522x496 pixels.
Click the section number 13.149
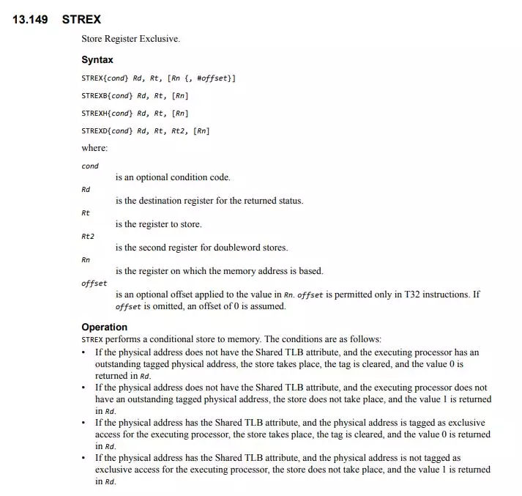30,19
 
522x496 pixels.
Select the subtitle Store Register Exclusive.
130,39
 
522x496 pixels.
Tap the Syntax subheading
97,60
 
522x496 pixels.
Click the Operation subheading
104,327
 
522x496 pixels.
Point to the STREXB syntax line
135,95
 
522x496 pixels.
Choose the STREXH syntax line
135,113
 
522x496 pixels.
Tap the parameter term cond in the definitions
90,166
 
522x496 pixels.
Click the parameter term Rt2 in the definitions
88,236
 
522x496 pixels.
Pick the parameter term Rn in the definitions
86,259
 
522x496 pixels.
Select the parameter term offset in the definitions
94,283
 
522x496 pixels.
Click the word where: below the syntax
94,148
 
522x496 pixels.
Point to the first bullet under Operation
85,352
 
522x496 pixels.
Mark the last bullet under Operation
85,458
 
